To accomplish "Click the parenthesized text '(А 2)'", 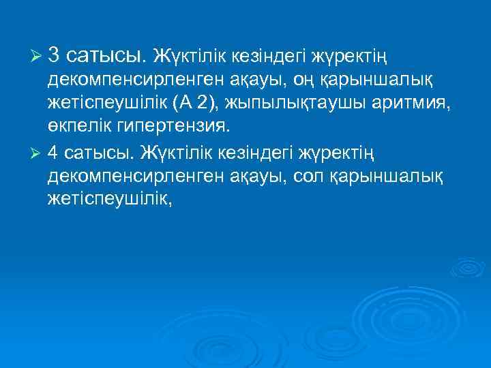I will tap(194, 104).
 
